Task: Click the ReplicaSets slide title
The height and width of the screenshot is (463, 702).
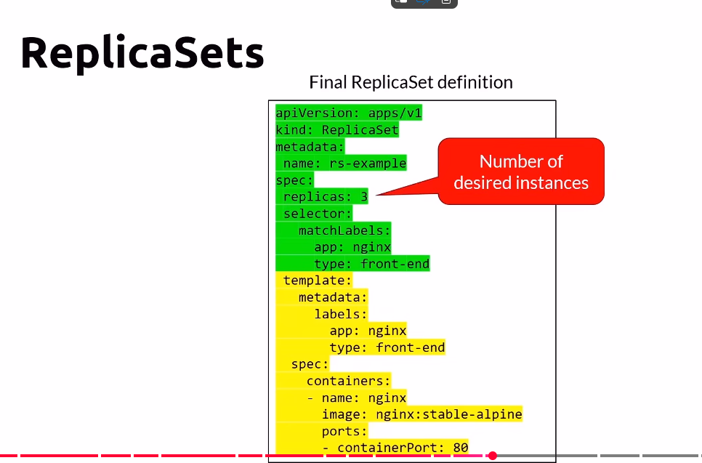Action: click(x=142, y=53)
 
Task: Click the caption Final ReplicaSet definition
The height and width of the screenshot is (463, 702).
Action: click(x=411, y=82)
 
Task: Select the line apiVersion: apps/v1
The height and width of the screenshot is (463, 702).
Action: click(x=349, y=113)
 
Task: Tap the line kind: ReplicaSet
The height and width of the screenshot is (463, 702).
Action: click(x=337, y=130)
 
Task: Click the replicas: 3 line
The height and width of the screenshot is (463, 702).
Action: click(x=325, y=196)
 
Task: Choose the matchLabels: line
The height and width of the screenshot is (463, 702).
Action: click(x=344, y=230)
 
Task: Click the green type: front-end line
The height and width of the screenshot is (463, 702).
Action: click(x=371, y=263)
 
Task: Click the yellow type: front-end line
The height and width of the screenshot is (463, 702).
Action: click(x=387, y=347)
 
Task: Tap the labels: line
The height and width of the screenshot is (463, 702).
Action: click(x=340, y=314)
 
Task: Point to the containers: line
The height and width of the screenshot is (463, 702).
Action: click(x=348, y=381)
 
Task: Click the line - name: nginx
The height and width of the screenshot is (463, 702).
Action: click(x=356, y=398)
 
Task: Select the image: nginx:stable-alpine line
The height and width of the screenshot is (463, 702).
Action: click(x=421, y=414)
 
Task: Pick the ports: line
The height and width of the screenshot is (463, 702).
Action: click(x=344, y=431)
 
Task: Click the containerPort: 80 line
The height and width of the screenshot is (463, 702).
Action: click(x=395, y=447)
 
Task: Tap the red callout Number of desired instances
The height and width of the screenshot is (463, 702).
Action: click(x=521, y=172)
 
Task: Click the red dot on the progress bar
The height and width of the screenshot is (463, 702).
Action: click(x=492, y=456)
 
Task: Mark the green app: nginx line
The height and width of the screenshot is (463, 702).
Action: click(x=352, y=247)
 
